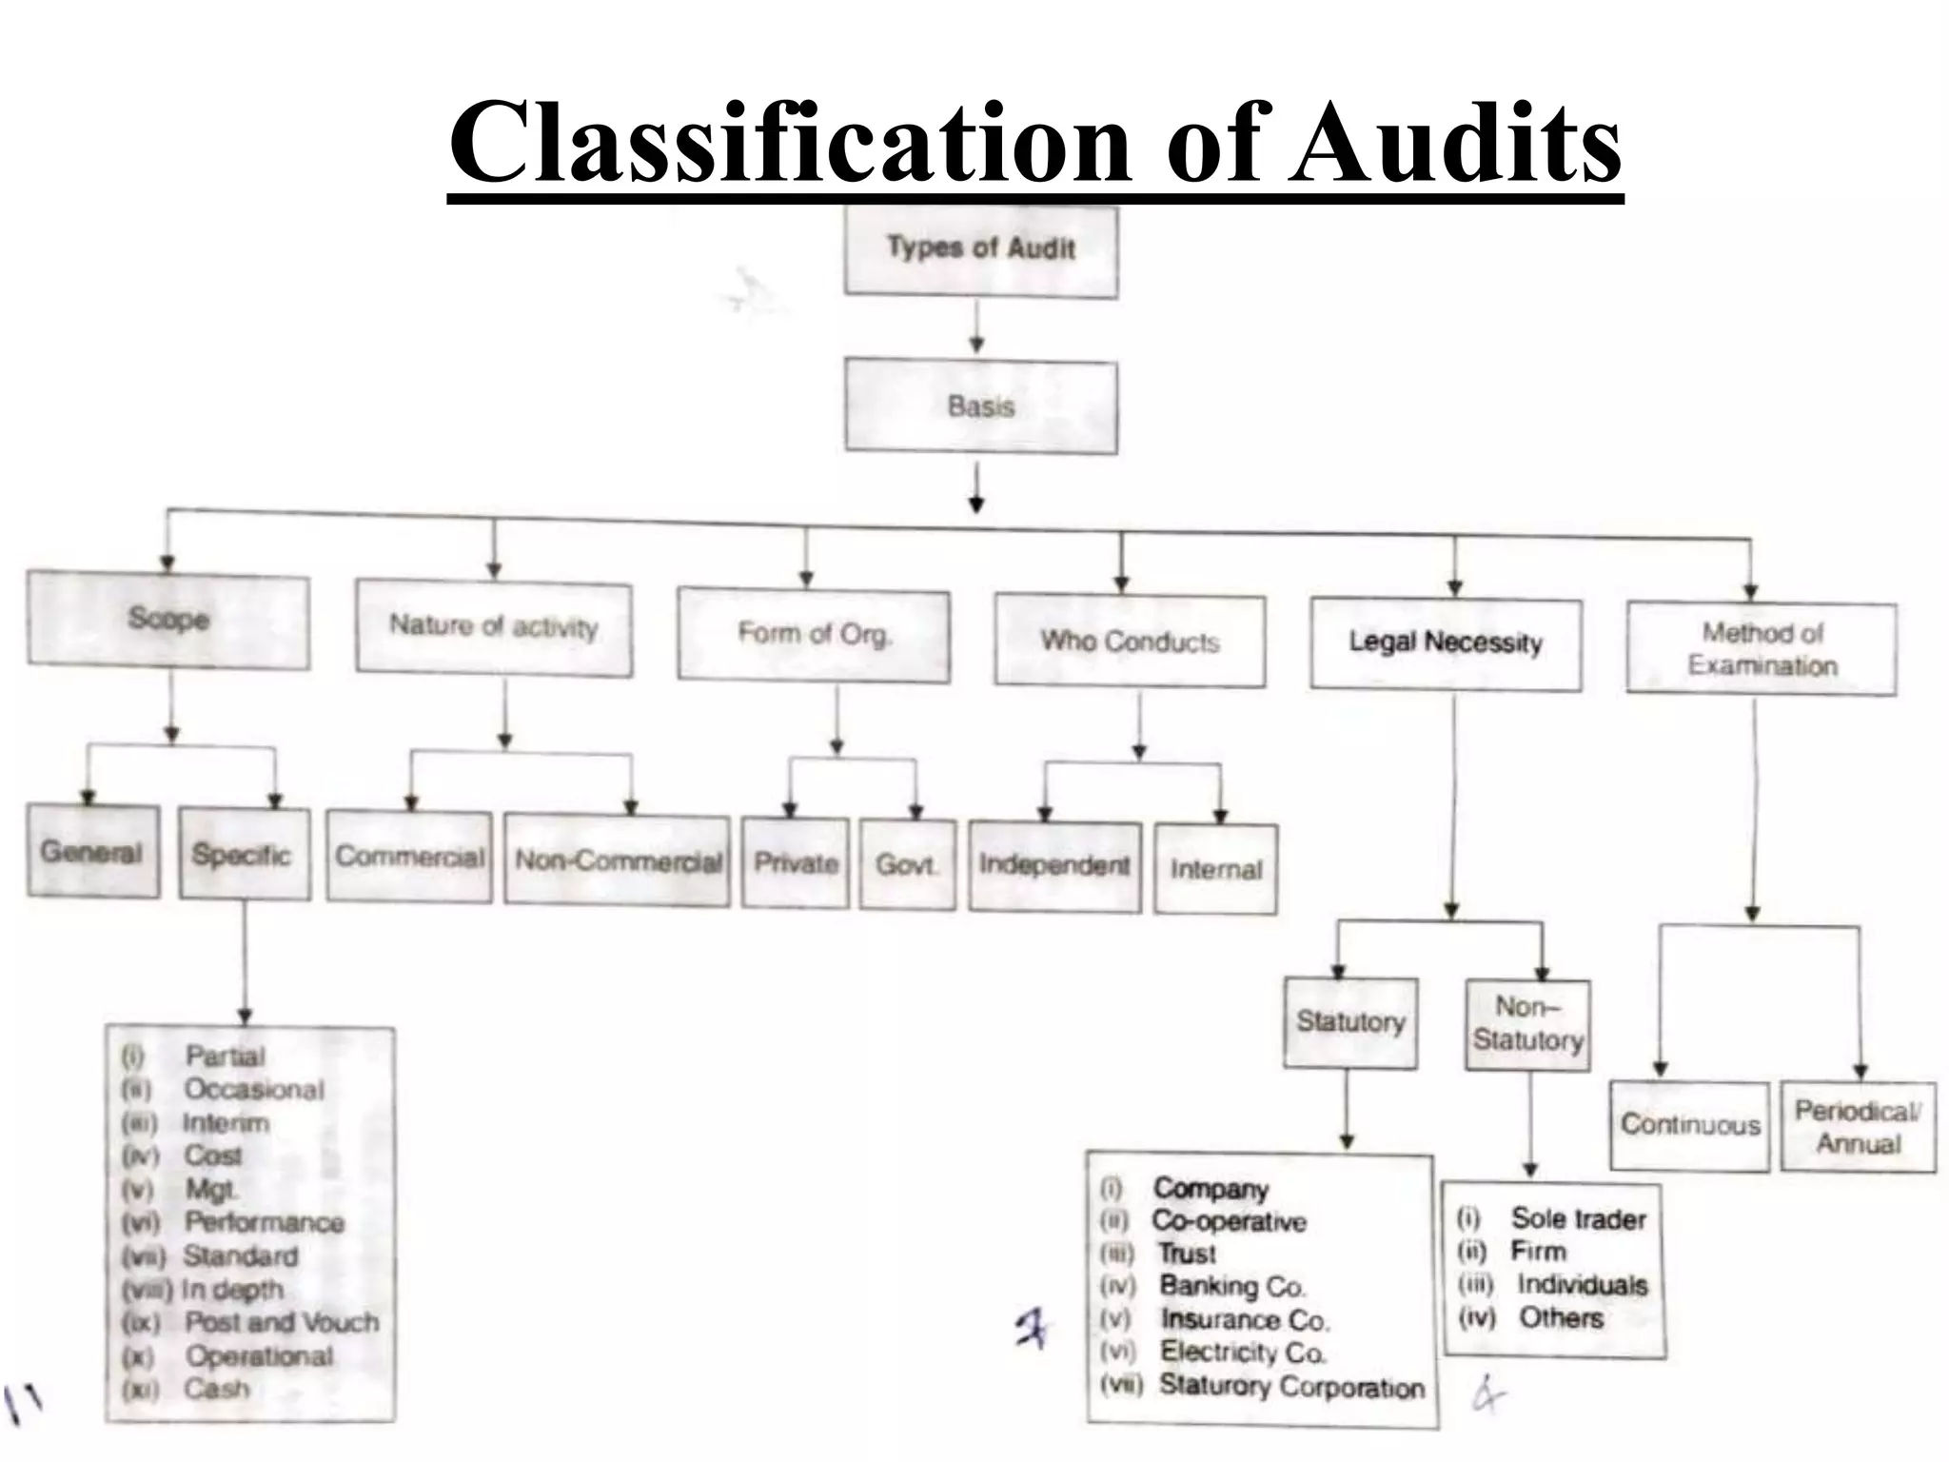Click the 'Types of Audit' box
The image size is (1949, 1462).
[x=981, y=250]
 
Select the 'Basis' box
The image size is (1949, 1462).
[x=981, y=406]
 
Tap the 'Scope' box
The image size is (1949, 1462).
[x=168, y=620]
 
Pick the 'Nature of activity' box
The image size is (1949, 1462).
[x=494, y=627]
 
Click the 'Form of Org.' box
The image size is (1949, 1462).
[x=814, y=635]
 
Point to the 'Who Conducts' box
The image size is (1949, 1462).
[x=1130, y=642]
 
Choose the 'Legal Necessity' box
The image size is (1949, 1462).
[x=1446, y=643]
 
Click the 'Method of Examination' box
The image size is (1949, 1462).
[x=1762, y=649]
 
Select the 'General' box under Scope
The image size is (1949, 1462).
[x=92, y=852]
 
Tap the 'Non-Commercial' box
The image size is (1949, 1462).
[x=618, y=860]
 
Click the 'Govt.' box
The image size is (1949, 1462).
[x=907, y=865]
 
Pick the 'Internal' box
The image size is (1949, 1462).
[x=1216, y=869]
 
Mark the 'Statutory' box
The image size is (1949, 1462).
[x=1350, y=1022]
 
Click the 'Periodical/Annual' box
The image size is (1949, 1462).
[x=1858, y=1127]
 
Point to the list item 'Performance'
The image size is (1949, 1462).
[x=264, y=1222]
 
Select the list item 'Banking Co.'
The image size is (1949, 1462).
[x=1231, y=1287]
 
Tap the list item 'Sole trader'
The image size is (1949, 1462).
[x=1578, y=1219]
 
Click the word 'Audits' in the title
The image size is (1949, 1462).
[x=1455, y=143]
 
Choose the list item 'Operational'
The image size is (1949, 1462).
[x=259, y=1355]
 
